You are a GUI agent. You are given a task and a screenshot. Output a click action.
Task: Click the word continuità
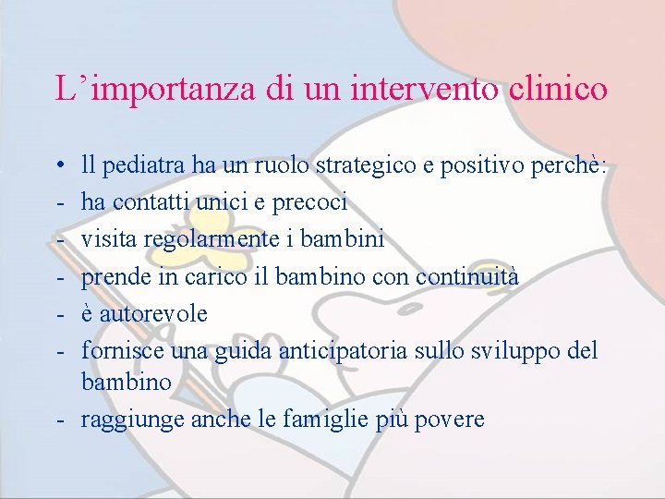tap(467, 276)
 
